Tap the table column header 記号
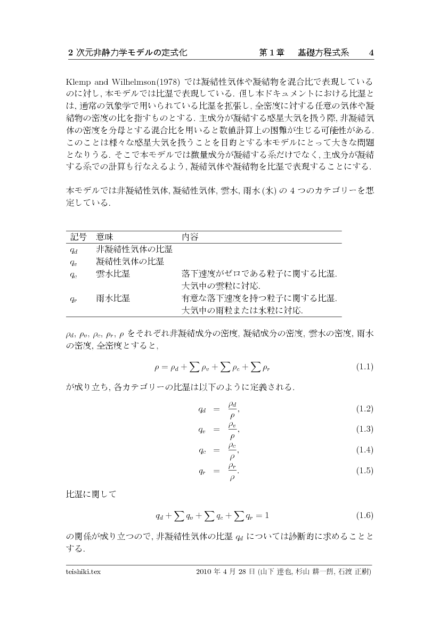pyautogui.click(x=78, y=236)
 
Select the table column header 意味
pyautogui.click(x=104, y=236)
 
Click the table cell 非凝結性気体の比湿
pyautogui.click(x=134, y=249)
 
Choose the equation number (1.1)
pyautogui.click(x=364, y=367)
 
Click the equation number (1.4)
pyautogui.click(x=364, y=450)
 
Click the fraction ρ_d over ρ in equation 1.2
pyautogui.click(x=233, y=409)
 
